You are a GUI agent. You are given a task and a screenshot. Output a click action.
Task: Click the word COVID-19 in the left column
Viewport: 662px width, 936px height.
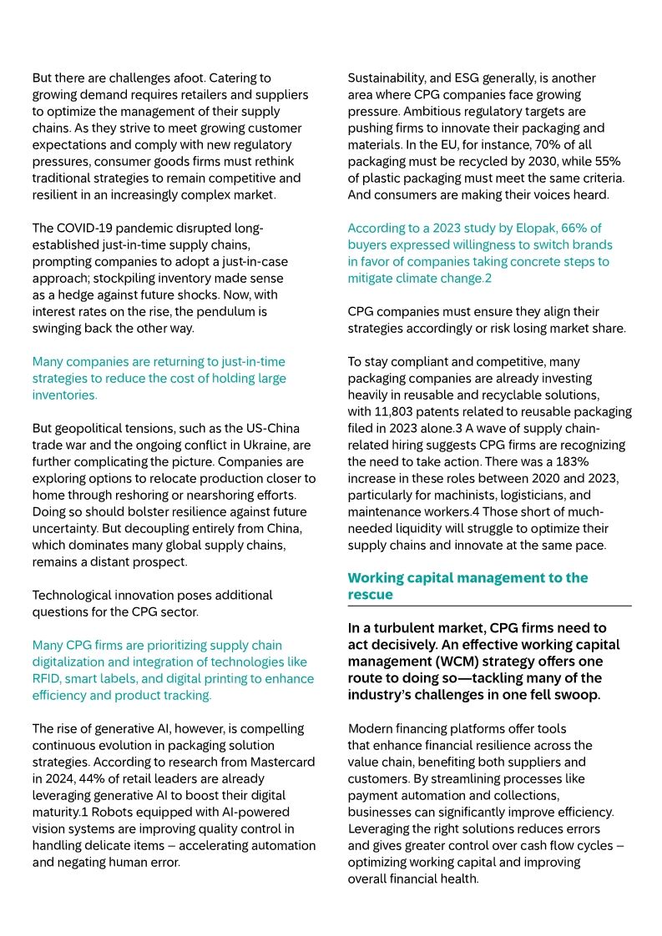(87, 228)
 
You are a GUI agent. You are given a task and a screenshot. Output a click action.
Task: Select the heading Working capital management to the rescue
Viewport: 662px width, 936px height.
(467, 586)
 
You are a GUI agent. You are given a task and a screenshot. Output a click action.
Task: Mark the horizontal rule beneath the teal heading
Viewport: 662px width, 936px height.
(489, 606)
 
